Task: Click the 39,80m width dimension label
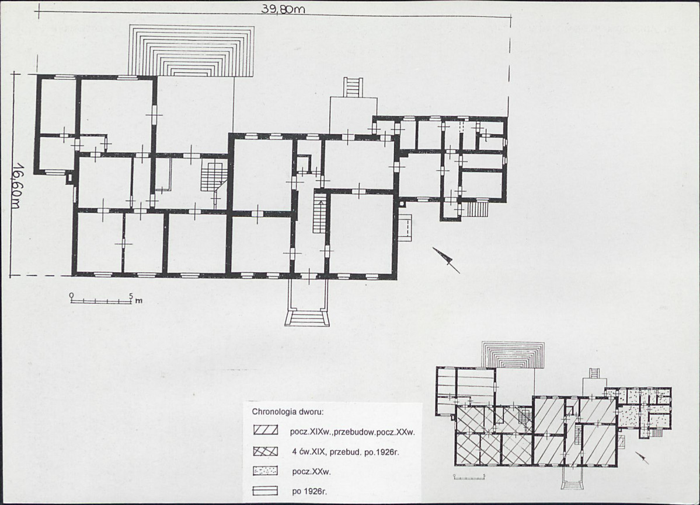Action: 283,9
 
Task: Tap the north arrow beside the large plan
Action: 446,260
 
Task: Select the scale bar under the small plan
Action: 469,478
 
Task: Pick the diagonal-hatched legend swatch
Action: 265,432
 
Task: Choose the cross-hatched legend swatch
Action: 265,451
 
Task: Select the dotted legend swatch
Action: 265,471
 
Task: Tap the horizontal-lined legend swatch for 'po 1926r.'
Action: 265,491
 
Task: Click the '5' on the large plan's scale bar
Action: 130,296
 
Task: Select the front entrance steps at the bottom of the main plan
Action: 306,319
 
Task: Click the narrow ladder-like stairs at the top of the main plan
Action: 351,86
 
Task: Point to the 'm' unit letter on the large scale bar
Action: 139,300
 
